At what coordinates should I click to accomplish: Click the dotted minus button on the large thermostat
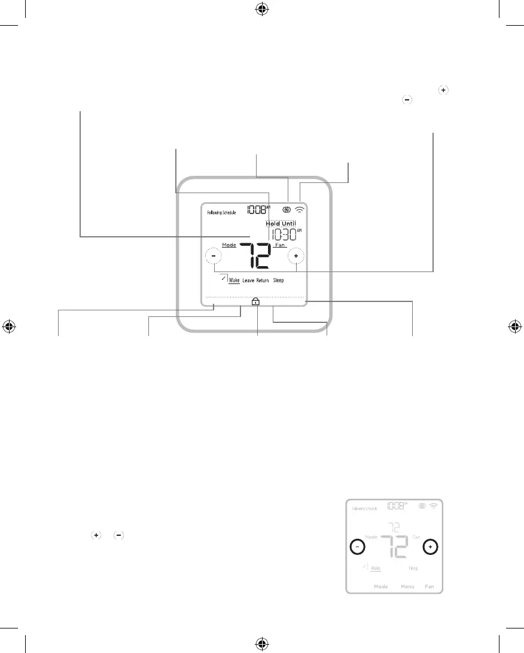[213, 257]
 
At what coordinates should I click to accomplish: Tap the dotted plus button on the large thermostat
[295, 257]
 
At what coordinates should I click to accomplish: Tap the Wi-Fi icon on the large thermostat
[300, 210]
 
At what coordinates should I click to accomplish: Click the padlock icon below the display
[255, 302]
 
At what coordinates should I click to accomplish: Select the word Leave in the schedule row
[248, 280]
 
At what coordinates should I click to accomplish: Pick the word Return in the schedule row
[263, 280]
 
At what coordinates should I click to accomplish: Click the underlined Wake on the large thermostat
[234, 280]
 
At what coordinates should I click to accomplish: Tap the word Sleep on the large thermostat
[279, 280]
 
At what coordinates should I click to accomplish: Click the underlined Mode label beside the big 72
[229, 245]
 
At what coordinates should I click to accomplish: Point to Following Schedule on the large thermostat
[221, 212]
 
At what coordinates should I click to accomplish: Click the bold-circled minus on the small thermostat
[357, 547]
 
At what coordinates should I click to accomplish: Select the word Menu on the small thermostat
[408, 587]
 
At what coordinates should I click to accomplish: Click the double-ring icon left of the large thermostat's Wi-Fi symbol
[287, 210]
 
